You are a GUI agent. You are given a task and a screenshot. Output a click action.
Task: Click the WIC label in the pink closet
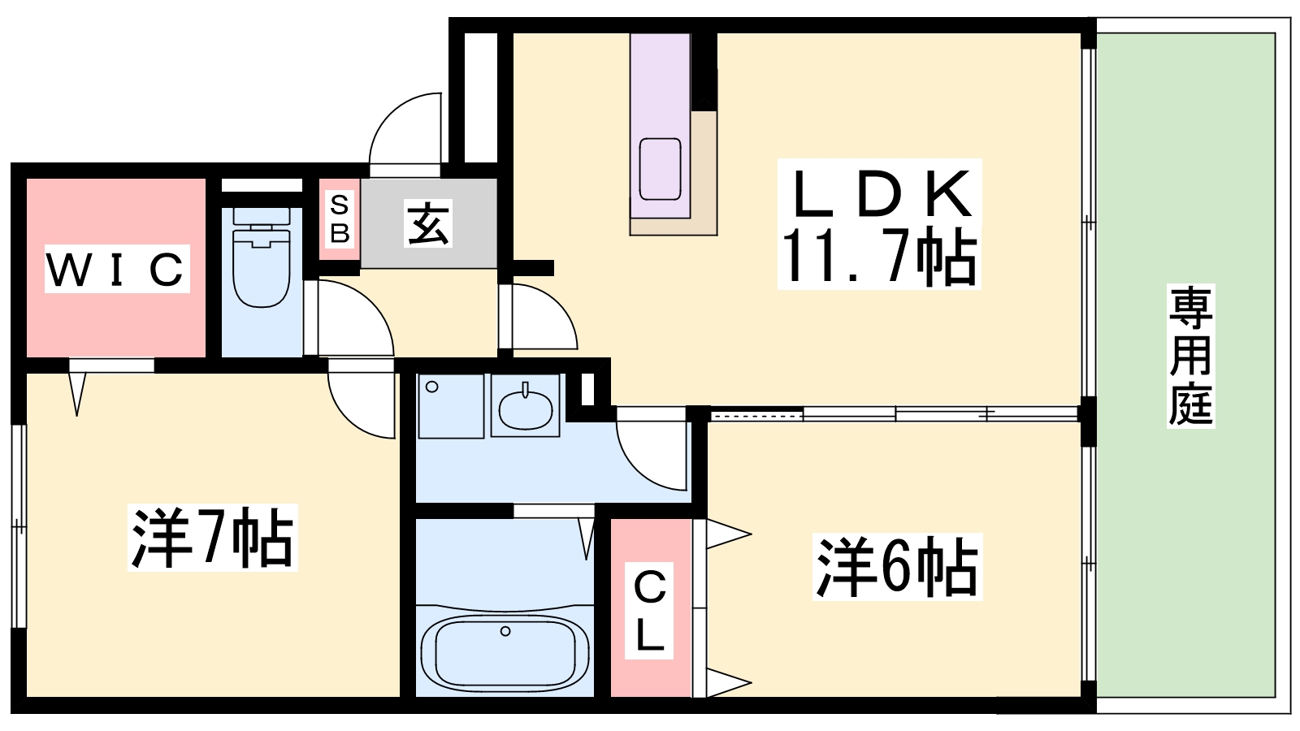pos(116,269)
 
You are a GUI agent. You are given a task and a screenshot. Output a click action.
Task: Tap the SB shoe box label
pos(340,219)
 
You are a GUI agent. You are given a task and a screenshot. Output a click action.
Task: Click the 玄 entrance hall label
pos(427,224)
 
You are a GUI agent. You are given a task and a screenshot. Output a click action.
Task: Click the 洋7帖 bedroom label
pos(212,538)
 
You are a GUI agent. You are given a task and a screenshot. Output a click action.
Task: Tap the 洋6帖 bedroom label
pos(897,567)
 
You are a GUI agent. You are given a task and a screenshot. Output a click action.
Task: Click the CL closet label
pos(649,611)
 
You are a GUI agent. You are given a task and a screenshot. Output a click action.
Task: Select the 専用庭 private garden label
pos(1190,356)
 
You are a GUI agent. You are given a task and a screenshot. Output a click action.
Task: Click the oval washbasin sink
pos(525,409)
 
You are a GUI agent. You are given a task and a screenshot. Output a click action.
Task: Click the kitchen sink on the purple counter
pos(660,169)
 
